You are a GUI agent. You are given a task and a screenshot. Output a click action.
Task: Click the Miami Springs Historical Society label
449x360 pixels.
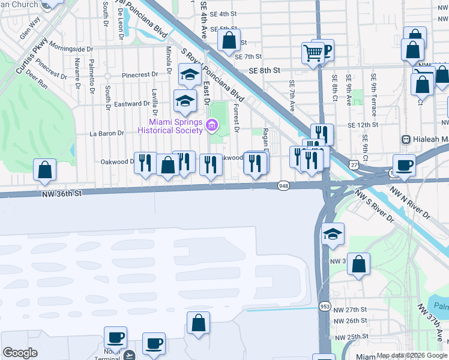pyautogui.click(x=171, y=126)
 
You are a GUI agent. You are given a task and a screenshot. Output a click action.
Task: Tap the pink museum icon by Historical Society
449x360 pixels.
pyautogui.click(x=211, y=125)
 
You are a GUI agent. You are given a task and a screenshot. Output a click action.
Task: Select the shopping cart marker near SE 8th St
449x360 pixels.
pyautogui.click(x=313, y=53)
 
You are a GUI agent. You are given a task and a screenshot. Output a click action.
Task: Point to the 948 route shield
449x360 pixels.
pyautogui.click(x=283, y=187)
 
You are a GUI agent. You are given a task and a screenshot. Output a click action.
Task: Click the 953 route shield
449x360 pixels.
pyautogui.click(x=325, y=305)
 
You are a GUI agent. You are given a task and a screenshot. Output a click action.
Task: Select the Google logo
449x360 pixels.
pyautogui.click(x=20, y=353)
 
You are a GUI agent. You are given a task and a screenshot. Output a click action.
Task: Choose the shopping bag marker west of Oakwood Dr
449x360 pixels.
pyautogui.click(x=45, y=170)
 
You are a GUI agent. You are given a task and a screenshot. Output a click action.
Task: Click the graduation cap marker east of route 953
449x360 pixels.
pyautogui.click(x=332, y=235)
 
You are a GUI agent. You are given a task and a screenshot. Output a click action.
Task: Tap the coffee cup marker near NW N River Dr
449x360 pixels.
pyautogui.click(x=404, y=165)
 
